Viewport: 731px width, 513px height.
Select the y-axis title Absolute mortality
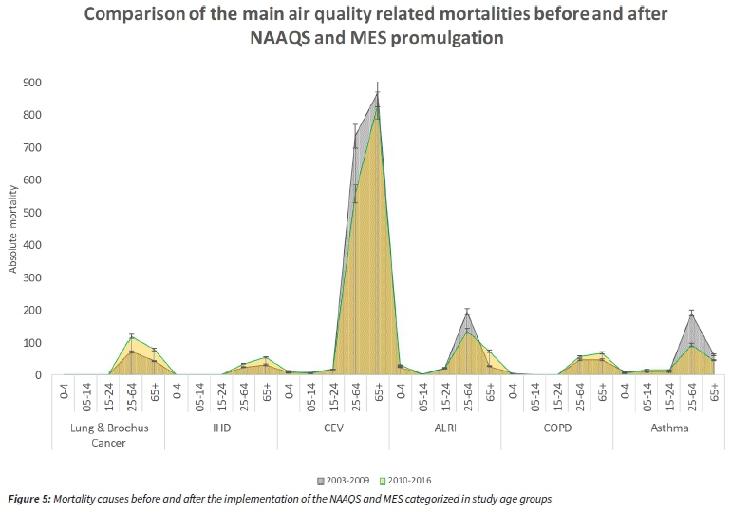pos(13,229)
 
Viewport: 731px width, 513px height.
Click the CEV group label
pos(333,427)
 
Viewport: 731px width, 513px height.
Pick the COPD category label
pos(556,427)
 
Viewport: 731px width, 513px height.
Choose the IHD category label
pos(222,427)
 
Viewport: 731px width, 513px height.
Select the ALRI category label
pos(444,427)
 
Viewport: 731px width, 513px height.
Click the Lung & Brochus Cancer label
pos(110,434)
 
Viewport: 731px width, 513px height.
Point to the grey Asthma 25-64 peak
pos(692,314)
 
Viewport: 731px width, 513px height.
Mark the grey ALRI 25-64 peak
pos(467,313)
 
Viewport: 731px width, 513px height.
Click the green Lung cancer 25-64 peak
pos(132,337)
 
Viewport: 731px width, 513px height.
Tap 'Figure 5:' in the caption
pos(35,498)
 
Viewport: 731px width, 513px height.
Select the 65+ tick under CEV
pos(378,394)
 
